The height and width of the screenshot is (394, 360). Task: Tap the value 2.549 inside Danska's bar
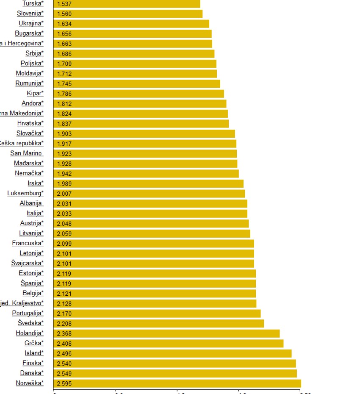64,373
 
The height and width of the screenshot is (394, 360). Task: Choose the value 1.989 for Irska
64,183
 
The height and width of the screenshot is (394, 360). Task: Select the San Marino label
26,153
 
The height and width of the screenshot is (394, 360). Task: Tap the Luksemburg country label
25,193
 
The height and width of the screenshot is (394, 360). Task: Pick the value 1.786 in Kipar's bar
64,94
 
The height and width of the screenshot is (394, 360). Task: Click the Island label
34,353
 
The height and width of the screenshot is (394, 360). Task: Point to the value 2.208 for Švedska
64,323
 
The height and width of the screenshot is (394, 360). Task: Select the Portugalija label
28,313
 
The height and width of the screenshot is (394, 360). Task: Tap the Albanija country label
31,203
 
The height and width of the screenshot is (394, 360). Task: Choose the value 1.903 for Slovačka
64,133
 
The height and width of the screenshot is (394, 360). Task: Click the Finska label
33,363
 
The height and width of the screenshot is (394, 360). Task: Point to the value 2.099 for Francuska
64,244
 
